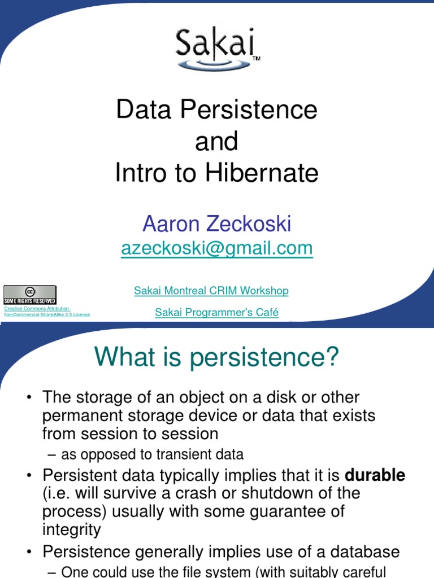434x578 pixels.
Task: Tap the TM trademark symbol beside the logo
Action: (256, 59)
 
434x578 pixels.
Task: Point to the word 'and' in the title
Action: (216, 142)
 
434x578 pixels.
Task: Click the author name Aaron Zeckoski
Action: (216, 224)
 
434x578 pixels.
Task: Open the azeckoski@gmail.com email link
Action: (216, 248)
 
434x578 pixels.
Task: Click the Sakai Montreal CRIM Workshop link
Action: (211, 291)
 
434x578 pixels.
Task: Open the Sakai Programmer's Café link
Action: (216, 312)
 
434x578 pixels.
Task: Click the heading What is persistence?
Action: (216, 357)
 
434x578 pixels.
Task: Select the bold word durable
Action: (375, 475)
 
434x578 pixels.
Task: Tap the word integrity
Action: (71, 529)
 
